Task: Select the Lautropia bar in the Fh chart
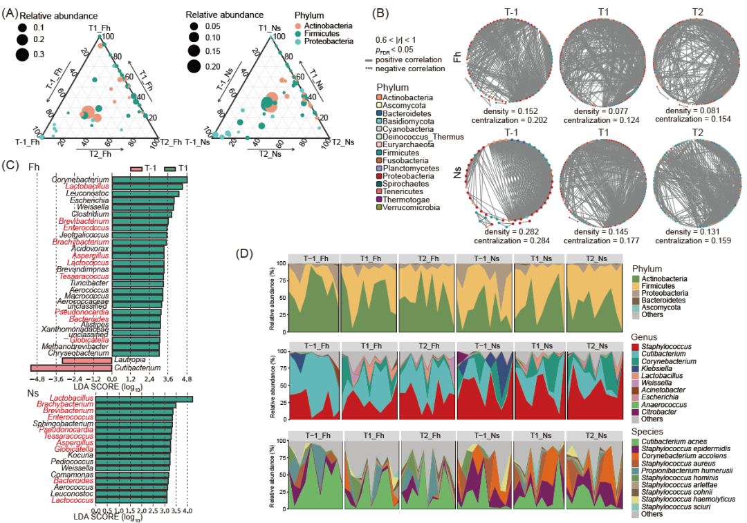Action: click(87, 360)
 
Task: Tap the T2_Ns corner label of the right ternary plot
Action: click(340, 142)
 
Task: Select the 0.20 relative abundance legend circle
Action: click(193, 66)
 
